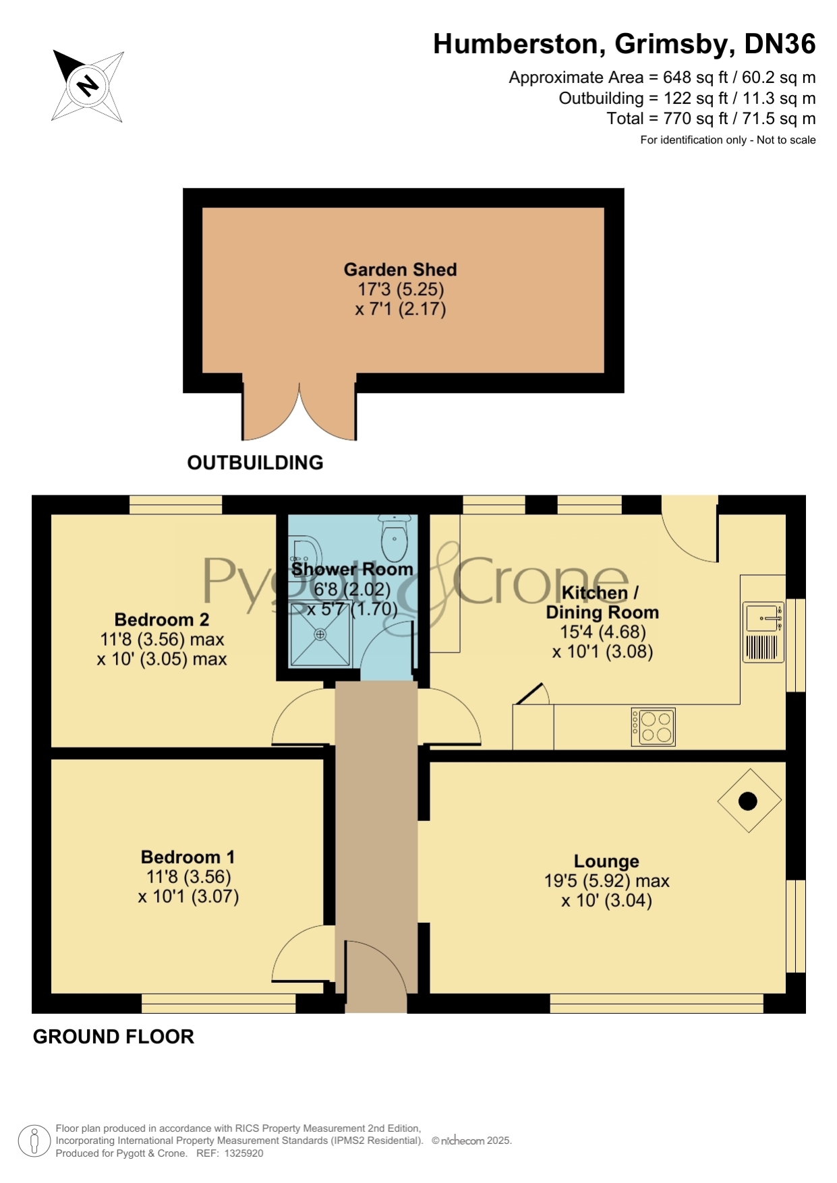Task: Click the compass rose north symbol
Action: tap(88, 86)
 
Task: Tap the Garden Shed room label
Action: tap(401, 270)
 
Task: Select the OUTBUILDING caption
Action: tap(255, 462)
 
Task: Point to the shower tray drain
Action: tap(320, 634)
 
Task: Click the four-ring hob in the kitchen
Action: tap(653, 727)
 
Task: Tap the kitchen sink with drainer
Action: tap(763, 632)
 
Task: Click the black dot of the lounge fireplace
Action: tap(748, 801)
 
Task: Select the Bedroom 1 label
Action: tap(187, 857)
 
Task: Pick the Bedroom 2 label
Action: tap(162, 619)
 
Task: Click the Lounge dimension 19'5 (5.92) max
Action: tap(606, 881)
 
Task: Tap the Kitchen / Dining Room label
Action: tap(602, 603)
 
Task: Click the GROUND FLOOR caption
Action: tap(113, 1037)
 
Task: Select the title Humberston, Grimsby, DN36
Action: tap(625, 44)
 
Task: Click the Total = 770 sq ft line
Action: tap(711, 119)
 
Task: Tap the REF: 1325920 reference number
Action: tap(229, 1153)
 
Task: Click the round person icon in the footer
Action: tap(33, 1142)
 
